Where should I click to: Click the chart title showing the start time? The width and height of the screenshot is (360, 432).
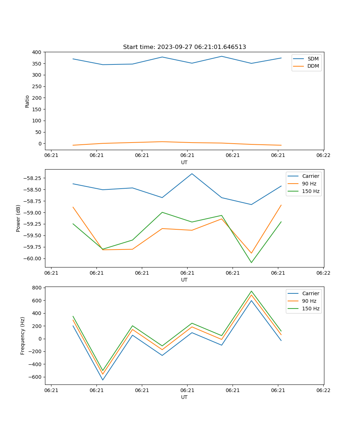184,47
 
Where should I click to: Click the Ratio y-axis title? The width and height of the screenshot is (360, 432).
27,101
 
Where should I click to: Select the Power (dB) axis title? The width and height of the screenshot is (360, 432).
18,218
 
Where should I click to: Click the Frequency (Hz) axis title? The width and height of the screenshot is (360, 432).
23,336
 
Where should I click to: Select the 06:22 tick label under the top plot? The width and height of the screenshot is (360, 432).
323,156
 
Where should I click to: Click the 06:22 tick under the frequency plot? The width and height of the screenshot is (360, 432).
323,391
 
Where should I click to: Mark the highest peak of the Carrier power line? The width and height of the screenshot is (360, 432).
192,174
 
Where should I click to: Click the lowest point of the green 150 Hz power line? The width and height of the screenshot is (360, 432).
251,262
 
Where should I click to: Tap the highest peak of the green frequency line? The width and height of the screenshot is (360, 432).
251,291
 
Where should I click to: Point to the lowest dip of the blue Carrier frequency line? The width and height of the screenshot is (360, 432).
103,380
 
